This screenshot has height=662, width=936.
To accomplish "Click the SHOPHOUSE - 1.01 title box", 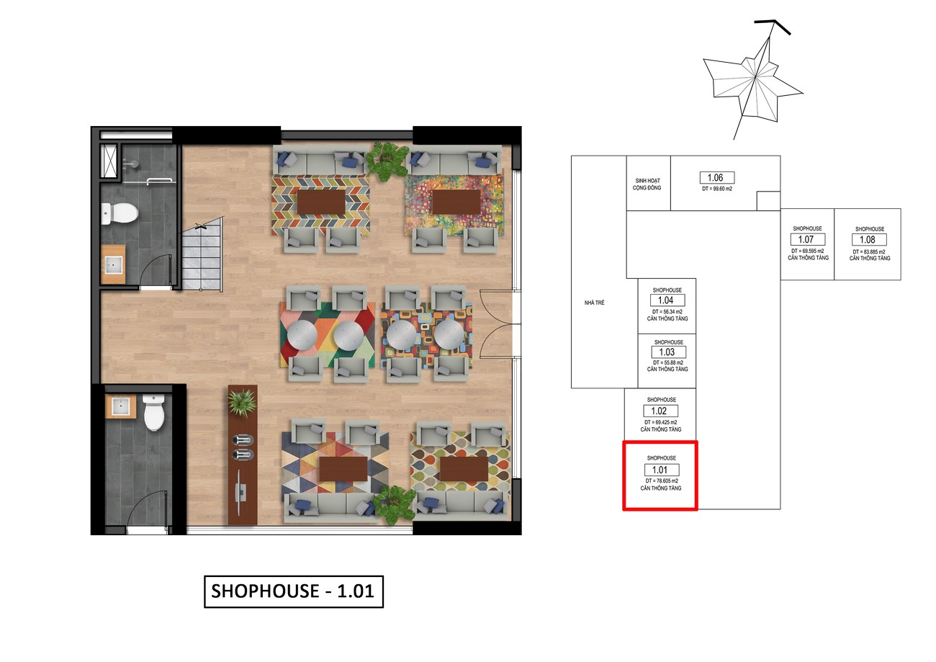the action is coord(293,591).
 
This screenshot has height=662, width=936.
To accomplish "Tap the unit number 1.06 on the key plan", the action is coord(717,178).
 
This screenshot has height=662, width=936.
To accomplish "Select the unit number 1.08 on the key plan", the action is coord(869,239).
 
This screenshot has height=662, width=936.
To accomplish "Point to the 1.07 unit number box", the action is coord(808,239).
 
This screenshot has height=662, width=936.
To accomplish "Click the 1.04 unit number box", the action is coord(667,300).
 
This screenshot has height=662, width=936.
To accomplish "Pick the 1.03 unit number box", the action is coord(669,352).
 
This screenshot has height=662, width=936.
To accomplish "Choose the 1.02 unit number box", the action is coord(661,411).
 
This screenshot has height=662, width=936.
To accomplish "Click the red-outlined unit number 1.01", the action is coord(662,470).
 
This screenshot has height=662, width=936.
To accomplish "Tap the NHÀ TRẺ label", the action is coord(594,303).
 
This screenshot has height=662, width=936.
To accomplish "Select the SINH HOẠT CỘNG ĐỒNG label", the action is coord(647,184).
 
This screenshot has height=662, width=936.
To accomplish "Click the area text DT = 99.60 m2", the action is coord(717,189).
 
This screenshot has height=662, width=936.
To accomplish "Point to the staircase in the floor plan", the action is coord(202,254).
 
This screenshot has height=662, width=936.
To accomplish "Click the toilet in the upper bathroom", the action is coord(120,213).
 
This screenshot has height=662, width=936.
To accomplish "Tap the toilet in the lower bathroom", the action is coord(154,412).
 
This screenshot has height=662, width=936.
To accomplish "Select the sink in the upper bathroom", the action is coord(113,264).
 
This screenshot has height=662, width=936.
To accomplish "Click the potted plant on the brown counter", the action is coord(241,402).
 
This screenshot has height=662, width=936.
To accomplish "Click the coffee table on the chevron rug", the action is coord(321,202).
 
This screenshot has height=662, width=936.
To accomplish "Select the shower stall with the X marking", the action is coord(109,161).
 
